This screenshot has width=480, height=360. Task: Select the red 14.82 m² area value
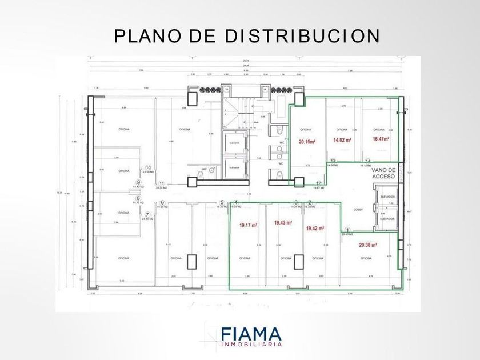click(341, 139)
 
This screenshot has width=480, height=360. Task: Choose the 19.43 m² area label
click(283, 223)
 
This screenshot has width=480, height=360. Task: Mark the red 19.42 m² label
click(315, 228)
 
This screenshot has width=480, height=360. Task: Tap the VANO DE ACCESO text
click(383, 173)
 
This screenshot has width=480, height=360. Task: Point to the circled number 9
click(138, 182)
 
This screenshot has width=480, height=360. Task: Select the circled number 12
click(318, 183)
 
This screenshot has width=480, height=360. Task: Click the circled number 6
click(162, 202)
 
